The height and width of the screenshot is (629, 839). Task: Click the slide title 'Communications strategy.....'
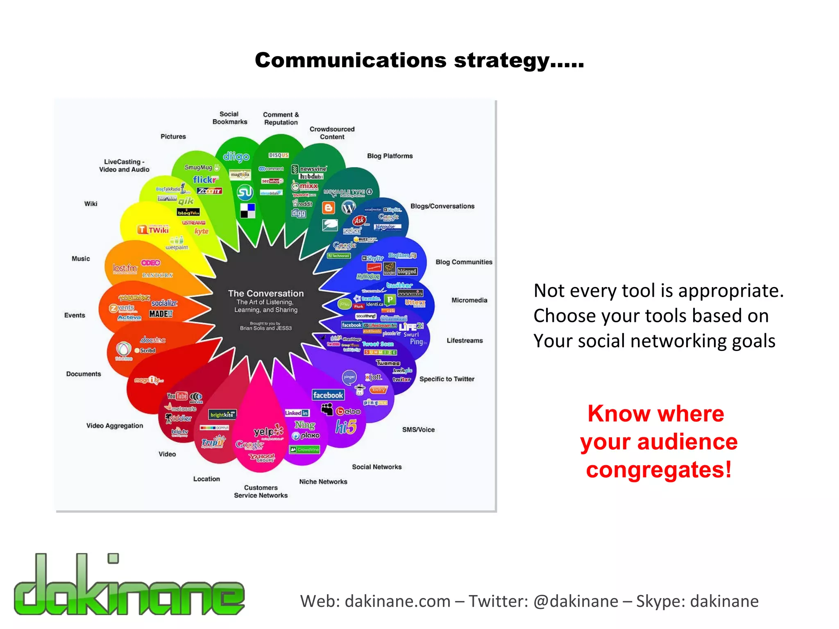(x=419, y=60)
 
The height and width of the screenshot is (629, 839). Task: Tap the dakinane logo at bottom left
(x=129, y=586)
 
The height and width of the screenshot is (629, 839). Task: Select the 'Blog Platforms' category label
(x=390, y=156)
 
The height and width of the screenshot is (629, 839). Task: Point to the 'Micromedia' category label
(x=469, y=300)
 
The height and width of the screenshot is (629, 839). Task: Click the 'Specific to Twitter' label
(x=447, y=379)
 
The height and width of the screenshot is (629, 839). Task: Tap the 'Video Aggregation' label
(x=115, y=426)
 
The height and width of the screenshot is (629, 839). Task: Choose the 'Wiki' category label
(x=91, y=204)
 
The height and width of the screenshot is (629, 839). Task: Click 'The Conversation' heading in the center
(x=266, y=293)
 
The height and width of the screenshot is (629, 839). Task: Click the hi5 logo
(x=346, y=427)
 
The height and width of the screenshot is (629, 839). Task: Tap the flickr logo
(x=205, y=180)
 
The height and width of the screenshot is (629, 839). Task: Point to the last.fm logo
(x=125, y=268)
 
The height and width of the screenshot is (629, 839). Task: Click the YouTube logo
(x=177, y=396)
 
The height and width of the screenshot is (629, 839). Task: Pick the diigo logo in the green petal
(x=236, y=157)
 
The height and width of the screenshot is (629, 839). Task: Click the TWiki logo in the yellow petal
(x=153, y=230)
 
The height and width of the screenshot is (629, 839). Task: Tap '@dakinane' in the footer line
(x=576, y=601)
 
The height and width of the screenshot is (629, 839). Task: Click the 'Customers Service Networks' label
(x=261, y=491)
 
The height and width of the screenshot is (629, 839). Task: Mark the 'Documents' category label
(x=84, y=374)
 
